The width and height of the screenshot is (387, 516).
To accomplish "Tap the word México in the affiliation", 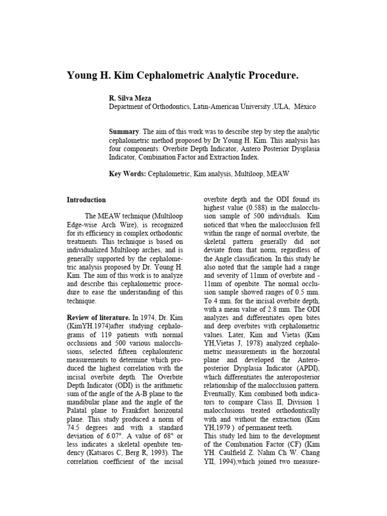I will [305, 107].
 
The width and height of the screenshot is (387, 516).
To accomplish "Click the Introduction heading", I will [86, 200].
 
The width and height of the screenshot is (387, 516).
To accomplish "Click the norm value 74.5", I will [75, 427].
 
